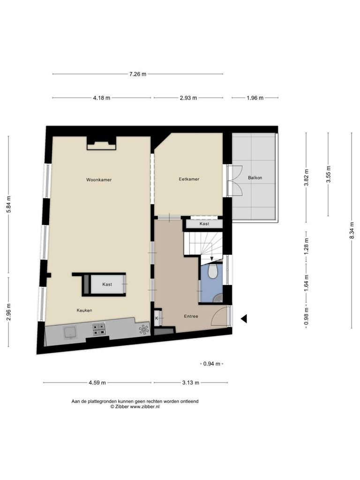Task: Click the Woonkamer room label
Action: pyautogui.click(x=99, y=180)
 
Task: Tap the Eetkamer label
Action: pyautogui.click(x=189, y=179)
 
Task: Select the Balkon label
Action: pyautogui.click(x=255, y=178)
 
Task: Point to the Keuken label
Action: pyautogui.click(x=84, y=310)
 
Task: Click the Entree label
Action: pyautogui.click(x=191, y=316)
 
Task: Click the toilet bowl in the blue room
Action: pyautogui.click(x=212, y=271)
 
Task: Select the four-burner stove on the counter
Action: pyautogui.click(x=99, y=329)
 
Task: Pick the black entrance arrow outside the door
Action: pyautogui.click(x=244, y=319)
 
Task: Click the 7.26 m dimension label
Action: pyautogui.click(x=138, y=74)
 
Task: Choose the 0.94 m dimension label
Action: pyautogui.click(x=211, y=364)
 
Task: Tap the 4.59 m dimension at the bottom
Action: pyautogui.click(x=97, y=382)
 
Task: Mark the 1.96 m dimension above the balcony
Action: pyautogui.click(x=255, y=98)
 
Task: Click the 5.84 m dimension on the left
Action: pyautogui.click(x=8, y=204)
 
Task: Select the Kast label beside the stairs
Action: pyautogui.click(x=204, y=224)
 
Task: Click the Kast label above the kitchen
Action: pyautogui.click(x=107, y=285)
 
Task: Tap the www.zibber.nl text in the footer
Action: pyautogui.click(x=145, y=407)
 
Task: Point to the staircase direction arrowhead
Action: pyautogui.click(x=212, y=259)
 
